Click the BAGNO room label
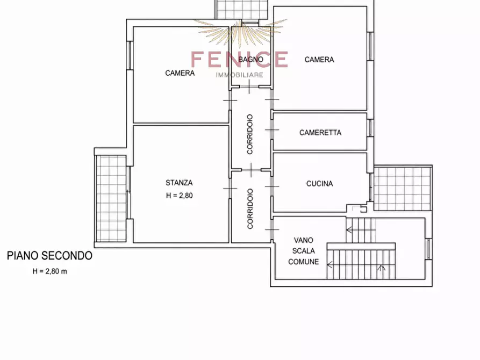pyautogui.click(x=250, y=60)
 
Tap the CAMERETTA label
pyautogui.click(x=320, y=133)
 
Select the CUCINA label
pyautogui.click(x=320, y=184)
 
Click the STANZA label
pyautogui.click(x=179, y=183)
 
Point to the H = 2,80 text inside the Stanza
pyautogui.click(x=180, y=196)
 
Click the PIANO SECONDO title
pyautogui.click(x=49, y=256)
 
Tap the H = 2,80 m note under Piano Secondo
pyautogui.click(x=49, y=271)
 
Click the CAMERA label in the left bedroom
pyautogui.click(x=180, y=73)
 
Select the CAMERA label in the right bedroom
pyautogui.click(x=319, y=60)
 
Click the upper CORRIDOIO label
pyautogui.click(x=250, y=134)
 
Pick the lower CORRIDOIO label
pyautogui.click(x=250, y=208)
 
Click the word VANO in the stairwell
pyautogui.click(x=303, y=240)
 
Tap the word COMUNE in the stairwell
pyautogui.click(x=303, y=262)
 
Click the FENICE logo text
pyautogui.click(x=239, y=59)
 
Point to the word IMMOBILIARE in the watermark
pyautogui.click(x=239, y=75)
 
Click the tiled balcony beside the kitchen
pyautogui.click(x=403, y=188)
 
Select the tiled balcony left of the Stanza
pyautogui.click(x=111, y=199)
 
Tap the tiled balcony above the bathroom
pyautogui.click(x=242, y=9)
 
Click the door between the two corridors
pyautogui.click(x=251, y=170)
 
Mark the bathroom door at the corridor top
pyautogui.click(x=249, y=87)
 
